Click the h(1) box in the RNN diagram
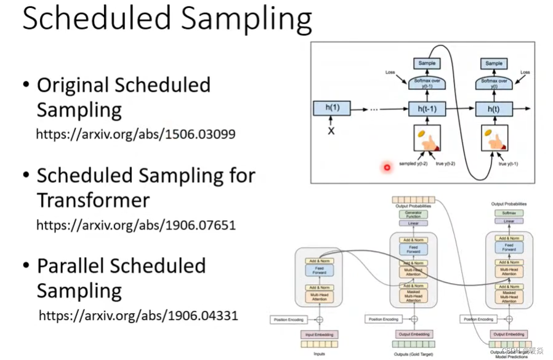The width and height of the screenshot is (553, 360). tap(332, 108)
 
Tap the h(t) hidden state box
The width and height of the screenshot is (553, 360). tap(494, 108)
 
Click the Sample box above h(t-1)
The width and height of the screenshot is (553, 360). tap(427, 63)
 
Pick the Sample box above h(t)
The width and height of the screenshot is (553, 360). tap(494, 63)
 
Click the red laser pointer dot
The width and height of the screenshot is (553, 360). tap(387, 167)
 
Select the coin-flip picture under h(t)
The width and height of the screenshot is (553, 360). tap(494, 138)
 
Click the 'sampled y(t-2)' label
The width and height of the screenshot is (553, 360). tap(413, 164)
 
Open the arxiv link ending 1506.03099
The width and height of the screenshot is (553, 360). tap(135, 134)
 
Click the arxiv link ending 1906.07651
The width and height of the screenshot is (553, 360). tap(135, 225)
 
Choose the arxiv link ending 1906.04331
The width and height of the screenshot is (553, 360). tap(138, 316)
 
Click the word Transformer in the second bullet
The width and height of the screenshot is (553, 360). tap(93, 201)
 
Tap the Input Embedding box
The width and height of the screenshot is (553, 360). tap(319, 334)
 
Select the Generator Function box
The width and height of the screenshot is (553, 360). tap(413, 214)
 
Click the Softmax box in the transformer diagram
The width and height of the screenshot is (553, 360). tap(509, 213)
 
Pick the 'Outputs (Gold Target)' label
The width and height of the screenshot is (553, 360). tap(413, 355)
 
